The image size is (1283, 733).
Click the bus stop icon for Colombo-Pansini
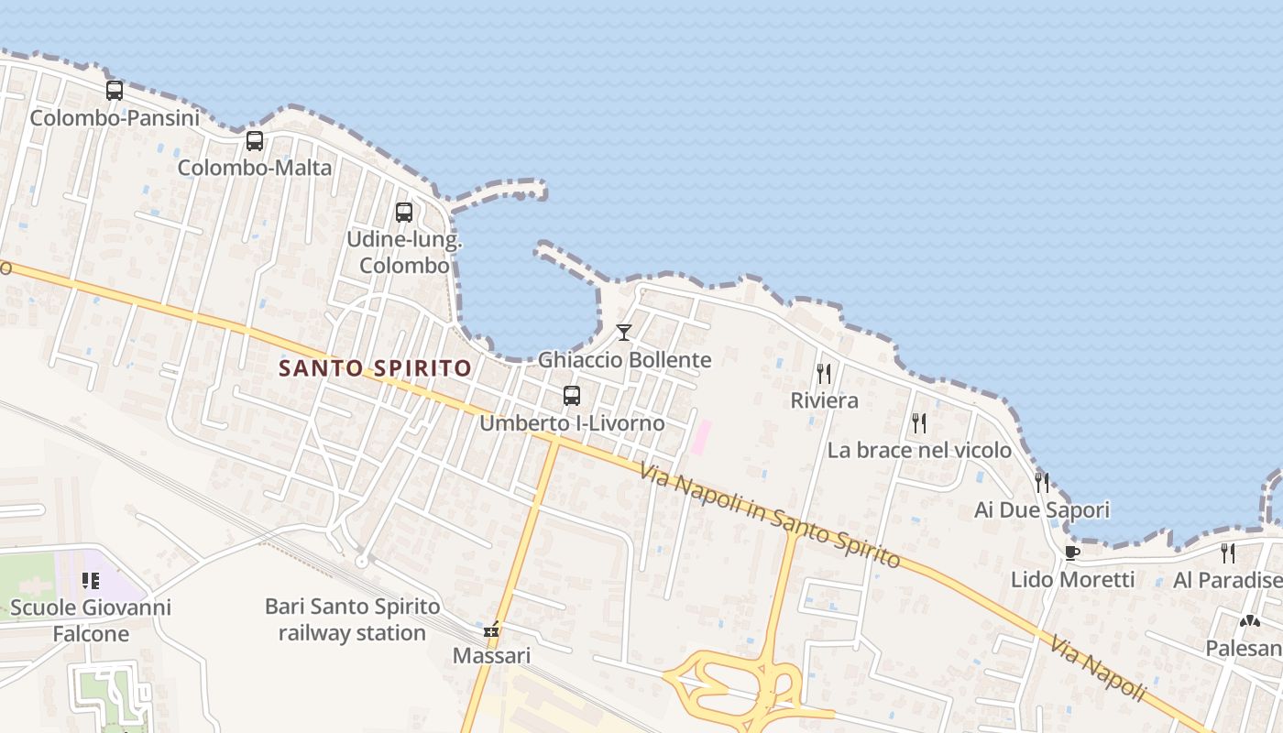point(115,91)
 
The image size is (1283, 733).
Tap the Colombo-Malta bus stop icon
point(255,141)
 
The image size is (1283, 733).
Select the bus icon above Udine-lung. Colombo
point(404,213)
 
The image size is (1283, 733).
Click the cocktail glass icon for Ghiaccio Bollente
point(624,332)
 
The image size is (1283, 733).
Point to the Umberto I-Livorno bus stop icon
point(572,396)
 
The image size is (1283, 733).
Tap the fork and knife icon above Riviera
point(824,373)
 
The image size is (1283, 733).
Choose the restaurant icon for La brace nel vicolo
point(919,422)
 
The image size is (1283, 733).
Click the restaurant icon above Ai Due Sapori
point(1042,482)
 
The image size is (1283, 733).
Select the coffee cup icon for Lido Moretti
point(1071,552)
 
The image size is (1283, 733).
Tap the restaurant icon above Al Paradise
point(1228,552)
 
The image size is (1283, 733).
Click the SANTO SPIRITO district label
point(375,368)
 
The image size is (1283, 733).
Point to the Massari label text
point(491,656)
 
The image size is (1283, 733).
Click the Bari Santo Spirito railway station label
point(353,619)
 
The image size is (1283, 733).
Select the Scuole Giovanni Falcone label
point(90,620)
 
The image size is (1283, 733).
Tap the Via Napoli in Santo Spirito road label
point(770,516)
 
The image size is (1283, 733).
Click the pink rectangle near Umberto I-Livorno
point(701,436)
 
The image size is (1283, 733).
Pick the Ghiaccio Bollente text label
point(624,360)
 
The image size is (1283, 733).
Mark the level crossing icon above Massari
point(492,630)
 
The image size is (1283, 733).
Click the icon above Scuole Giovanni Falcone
point(91,580)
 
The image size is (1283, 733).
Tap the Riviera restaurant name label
point(825,400)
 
